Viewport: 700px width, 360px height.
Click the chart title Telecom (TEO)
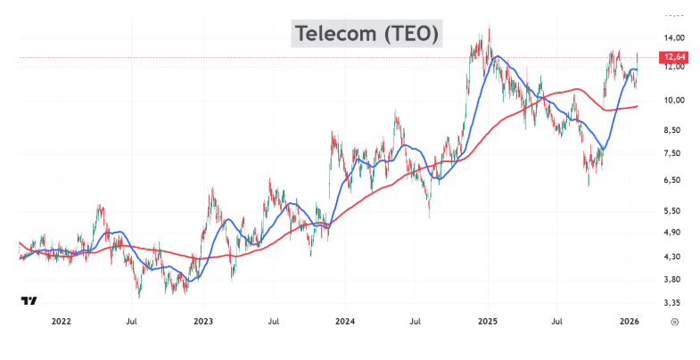coord(366,34)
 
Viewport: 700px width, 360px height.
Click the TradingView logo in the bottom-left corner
coord(29,301)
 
